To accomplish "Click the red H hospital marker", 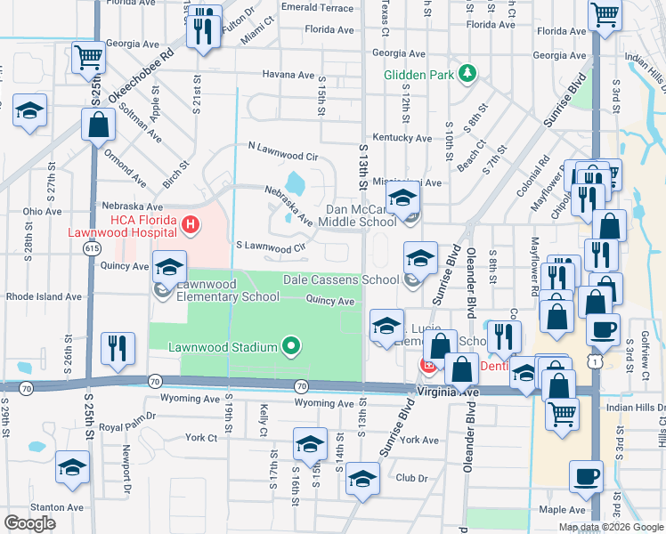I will [x=190, y=226].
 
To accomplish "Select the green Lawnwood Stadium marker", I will [x=290, y=346].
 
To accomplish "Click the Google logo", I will [x=29, y=523].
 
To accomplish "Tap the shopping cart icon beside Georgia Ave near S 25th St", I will [x=88, y=58].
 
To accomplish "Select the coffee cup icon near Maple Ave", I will [x=586, y=476].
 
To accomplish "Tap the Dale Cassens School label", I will [x=341, y=279].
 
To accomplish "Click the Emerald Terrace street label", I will [x=317, y=7].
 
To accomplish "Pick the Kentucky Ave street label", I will [x=402, y=138].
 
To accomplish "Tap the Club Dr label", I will [x=411, y=477].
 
